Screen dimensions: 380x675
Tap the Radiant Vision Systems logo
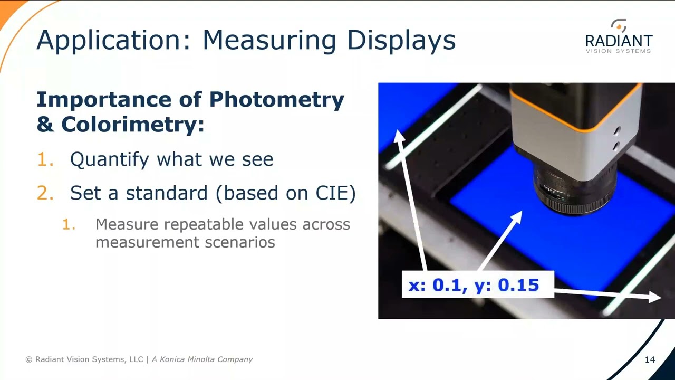(619, 36)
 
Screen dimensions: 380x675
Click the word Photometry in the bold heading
(276, 99)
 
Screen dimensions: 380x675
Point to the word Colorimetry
(132, 125)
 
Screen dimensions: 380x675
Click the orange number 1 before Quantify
(45, 159)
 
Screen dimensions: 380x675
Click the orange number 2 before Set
(45, 193)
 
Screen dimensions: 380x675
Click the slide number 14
(650, 359)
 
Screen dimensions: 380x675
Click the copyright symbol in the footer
(29, 359)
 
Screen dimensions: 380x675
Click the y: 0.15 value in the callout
(506, 285)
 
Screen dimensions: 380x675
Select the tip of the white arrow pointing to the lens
(519, 213)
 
